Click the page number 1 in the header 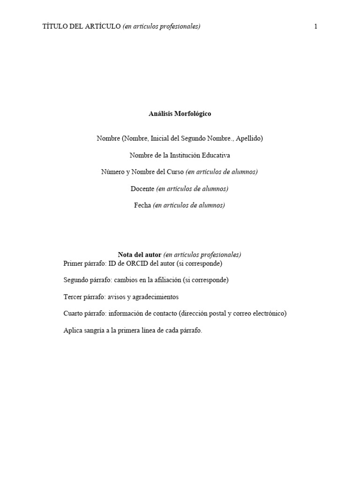click(x=316, y=27)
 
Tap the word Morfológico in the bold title click(x=193, y=114)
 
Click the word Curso click(x=175, y=172)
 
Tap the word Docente click(x=142, y=189)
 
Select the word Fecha click(x=142, y=205)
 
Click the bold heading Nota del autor click(x=140, y=255)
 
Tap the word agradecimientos click(x=156, y=297)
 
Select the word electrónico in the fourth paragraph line click(x=269, y=314)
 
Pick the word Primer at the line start click(x=73, y=263)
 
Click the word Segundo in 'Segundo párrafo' click(x=76, y=280)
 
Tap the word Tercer click(x=73, y=297)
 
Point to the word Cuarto click(x=74, y=314)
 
